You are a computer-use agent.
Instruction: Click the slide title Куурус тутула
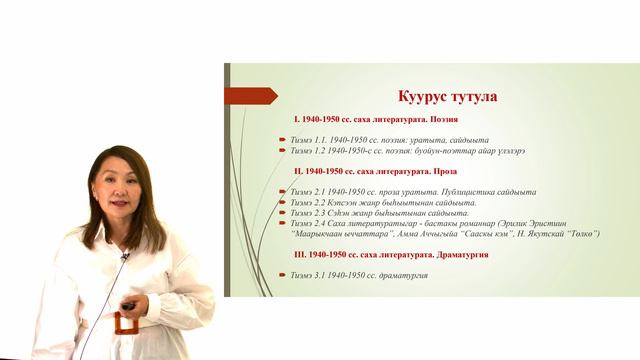(433, 97)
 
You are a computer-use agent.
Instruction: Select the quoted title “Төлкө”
(577, 234)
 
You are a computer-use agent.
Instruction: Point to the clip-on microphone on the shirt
(125, 257)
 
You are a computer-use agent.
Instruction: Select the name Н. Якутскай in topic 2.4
(544, 234)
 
